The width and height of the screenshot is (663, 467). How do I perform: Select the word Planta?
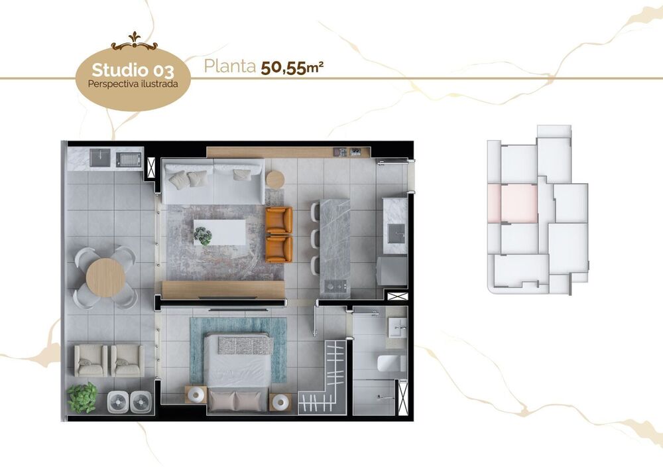click(229, 66)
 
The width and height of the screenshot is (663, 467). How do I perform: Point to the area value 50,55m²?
click(292, 67)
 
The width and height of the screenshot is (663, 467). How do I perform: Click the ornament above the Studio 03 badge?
click(134, 44)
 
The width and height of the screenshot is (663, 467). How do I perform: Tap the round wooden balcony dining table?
click(105, 276)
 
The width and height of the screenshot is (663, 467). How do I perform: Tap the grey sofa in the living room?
click(212, 182)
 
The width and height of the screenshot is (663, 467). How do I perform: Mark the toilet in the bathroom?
click(391, 362)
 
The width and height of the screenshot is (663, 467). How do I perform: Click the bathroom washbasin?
click(397, 326)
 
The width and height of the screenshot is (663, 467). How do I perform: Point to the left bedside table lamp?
click(196, 394)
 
